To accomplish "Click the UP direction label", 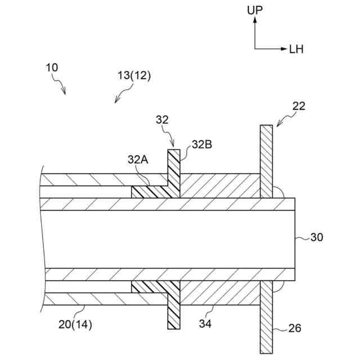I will (255, 10).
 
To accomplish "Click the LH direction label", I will (296, 49).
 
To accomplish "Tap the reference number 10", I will (51, 67).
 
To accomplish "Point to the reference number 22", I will (300, 105).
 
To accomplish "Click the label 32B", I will (201, 144).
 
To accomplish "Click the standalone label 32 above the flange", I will (162, 119).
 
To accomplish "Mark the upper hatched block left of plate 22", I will (219, 186).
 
